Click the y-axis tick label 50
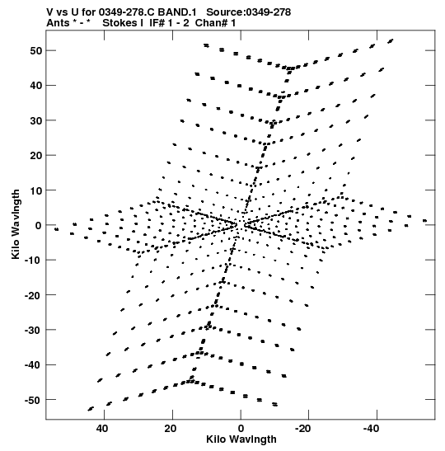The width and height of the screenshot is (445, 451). coord(35,50)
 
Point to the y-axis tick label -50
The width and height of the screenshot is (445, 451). coord(33,400)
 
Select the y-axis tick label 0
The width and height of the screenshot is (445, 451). coord(39,225)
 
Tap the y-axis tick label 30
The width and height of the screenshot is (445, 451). coord(35,120)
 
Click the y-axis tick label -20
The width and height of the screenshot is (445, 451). coord(33,295)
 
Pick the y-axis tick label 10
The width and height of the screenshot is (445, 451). coord(35,190)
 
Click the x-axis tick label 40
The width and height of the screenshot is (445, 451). coord(102,429)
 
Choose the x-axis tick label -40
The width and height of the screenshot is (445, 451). coord(371,429)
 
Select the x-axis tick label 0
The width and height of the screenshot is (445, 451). coord(241,429)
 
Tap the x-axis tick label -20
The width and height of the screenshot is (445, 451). coord(302,429)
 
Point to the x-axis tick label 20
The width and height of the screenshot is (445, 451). coord(171,429)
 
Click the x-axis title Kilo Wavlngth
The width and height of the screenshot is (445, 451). coord(241,439)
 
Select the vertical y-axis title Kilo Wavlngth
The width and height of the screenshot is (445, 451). coord(16,224)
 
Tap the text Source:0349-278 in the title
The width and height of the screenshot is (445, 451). coord(249,12)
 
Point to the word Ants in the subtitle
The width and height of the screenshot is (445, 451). coord(58,23)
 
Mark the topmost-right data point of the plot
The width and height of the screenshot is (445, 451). coord(391,41)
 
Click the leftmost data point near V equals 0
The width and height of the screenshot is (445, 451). coord(57,229)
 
